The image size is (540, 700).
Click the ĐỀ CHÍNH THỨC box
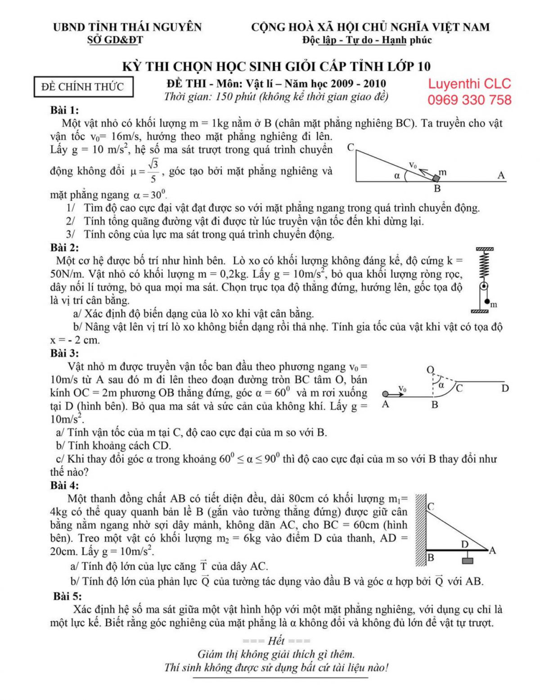[x=83, y=86]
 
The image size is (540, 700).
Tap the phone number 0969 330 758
[x=469, y=100]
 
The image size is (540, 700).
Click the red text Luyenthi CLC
[x=469, y=84]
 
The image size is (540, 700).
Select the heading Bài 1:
[x=64, y=110]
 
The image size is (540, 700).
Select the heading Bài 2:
[x=64, y=248]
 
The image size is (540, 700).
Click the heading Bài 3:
[x=64, y=353]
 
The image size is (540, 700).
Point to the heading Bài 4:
[x=64, y=485]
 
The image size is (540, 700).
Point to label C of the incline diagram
[x=351, y=147]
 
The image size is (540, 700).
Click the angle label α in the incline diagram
[x=397, y=176]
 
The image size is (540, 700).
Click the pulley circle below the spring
[x=484, y=287]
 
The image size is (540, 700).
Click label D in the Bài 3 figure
[x=505, y=388]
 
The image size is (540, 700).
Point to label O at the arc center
[x=430, y=370]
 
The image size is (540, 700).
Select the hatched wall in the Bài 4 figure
[x=420, y=530]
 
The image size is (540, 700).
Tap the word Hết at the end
[x=276, y=641]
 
